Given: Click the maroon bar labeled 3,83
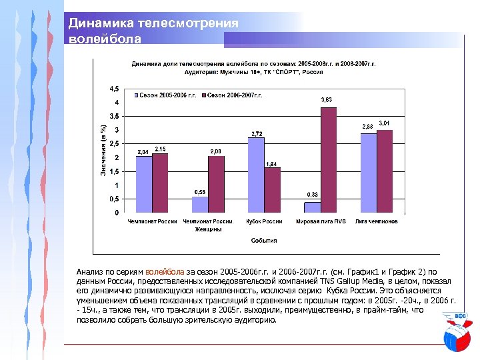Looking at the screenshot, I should pos(328,160).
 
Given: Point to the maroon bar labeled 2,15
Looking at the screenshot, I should pos(160,183).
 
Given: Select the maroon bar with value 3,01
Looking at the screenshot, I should pos(384,171).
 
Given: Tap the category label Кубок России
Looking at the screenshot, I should pos(264,221).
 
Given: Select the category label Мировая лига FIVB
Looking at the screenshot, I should pos(321,221).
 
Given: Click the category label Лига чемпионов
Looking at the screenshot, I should pos(377,221).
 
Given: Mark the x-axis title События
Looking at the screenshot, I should pos(264,240).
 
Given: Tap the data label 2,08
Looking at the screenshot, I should pos(217,152).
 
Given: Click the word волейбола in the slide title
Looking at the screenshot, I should pos(105,39).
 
